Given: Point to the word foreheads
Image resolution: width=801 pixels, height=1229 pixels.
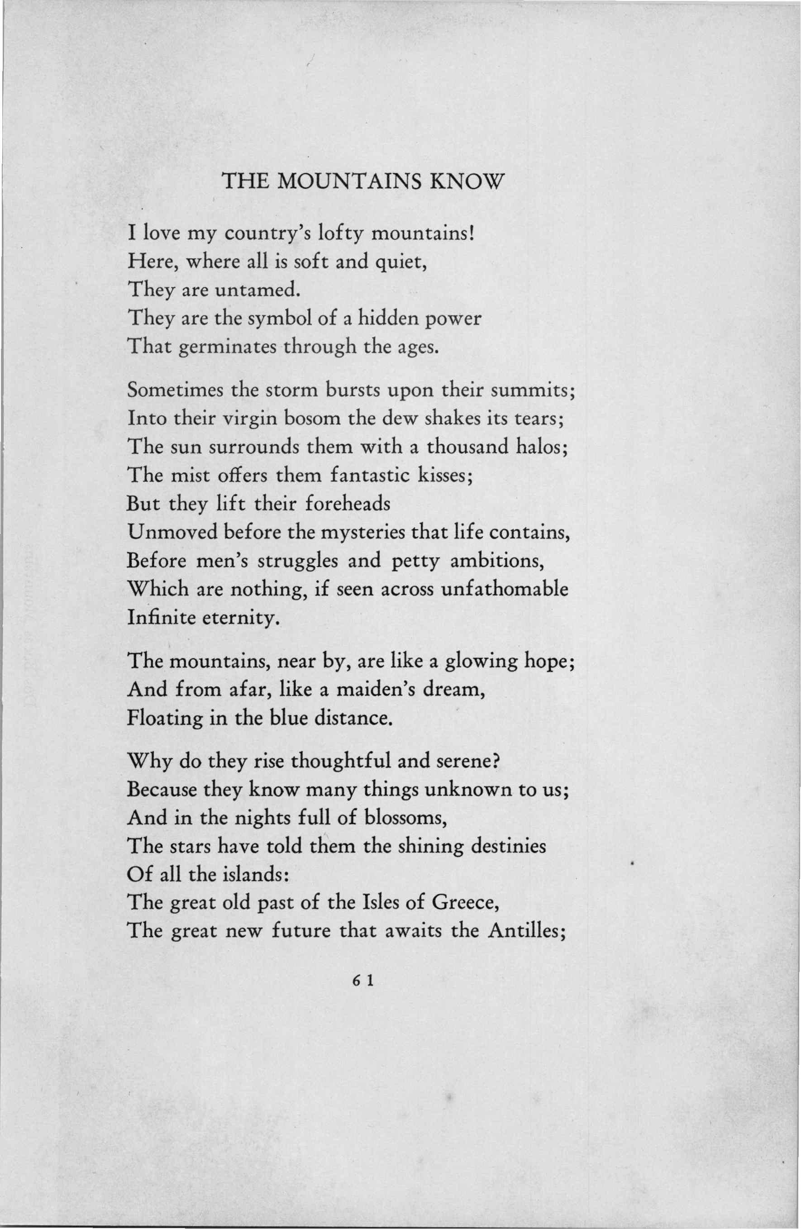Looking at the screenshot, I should pos(348,503).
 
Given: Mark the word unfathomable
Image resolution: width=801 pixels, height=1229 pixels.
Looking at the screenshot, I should pos(505,588).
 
